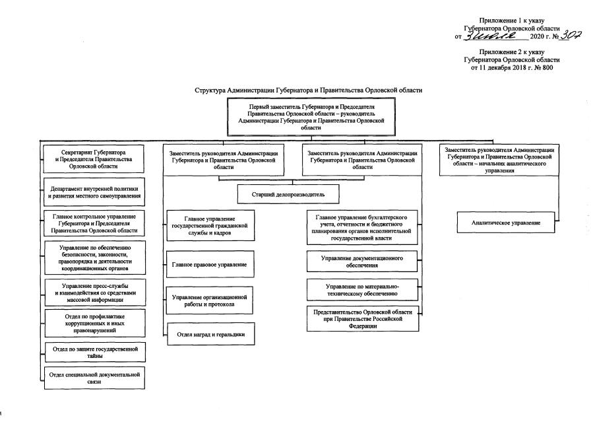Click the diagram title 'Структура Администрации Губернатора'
[308, 90]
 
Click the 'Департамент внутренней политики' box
[94, 192]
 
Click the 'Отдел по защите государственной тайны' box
[94, 351]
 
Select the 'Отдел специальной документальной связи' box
[94, 378]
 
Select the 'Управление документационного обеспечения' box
[363, 261]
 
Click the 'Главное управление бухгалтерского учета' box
[363, 227]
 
